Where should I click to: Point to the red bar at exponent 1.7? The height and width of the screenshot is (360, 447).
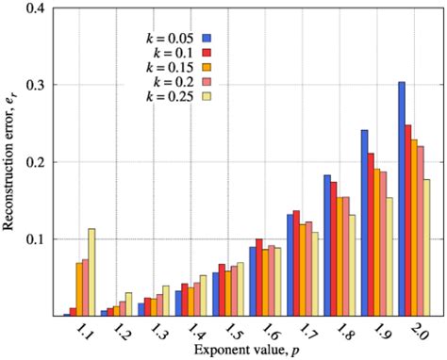(x=298, y=263)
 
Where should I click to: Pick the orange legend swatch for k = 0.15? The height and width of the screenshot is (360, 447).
(x=206, y=67)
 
